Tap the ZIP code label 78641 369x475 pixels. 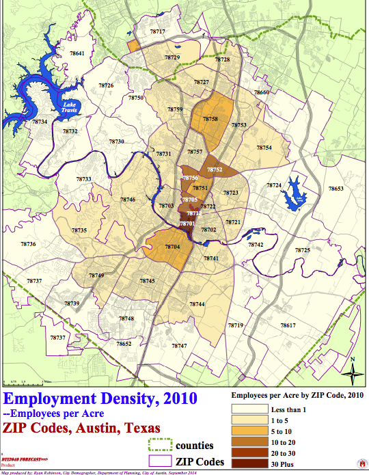[x=77, y=53]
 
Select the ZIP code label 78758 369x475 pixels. [x=210, y=119]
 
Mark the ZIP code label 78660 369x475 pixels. [x=262, y=92]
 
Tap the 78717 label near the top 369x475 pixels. [x=158, y=32]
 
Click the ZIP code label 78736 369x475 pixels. [x=28, y=244]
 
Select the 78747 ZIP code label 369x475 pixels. [x=179, y=347]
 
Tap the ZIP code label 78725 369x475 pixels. [x=302, y=251]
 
